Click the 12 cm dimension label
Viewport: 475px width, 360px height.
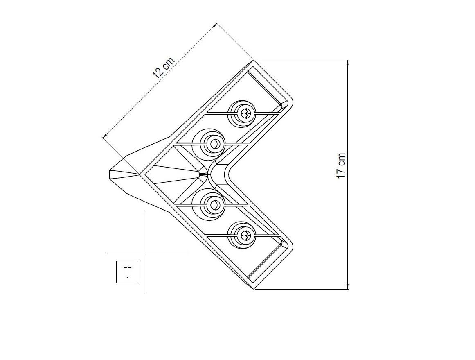click(x=164, y=68)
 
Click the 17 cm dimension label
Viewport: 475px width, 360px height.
click(x=341, y=165)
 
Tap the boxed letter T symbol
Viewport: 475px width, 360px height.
click(x=127, y=272)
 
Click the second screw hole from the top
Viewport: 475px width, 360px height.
click(x=215, y=143)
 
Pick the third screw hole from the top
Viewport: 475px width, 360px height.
click(x=215, y=205)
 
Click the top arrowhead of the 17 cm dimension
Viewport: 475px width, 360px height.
click(x=347, y=63)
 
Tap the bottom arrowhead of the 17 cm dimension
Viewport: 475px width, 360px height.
click(x=347, y=286)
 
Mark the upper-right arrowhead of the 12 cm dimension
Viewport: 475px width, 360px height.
click(x=214, y=25)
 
